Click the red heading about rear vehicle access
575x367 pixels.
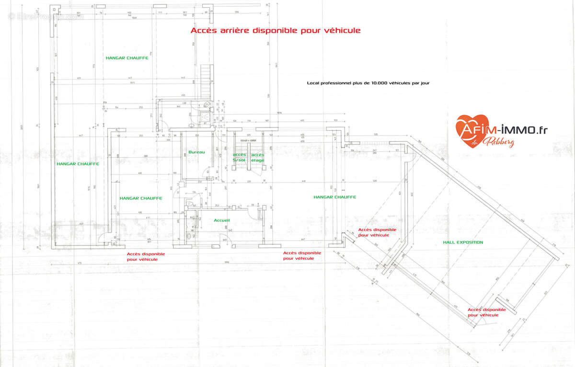point(276,30)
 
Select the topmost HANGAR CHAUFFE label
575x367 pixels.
point(127,58)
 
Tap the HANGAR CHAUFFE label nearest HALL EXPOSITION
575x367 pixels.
point(334,197)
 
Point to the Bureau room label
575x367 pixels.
point(196,152)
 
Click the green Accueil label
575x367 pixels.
point(222,220)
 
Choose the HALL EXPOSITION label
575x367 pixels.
point(463,242)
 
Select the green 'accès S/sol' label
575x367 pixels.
point(240,157)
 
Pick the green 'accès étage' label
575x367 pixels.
point(258,157)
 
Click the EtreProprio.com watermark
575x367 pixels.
point(46,16)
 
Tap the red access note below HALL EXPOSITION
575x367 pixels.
point(487,312)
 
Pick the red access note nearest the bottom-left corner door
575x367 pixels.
point(146,256)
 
